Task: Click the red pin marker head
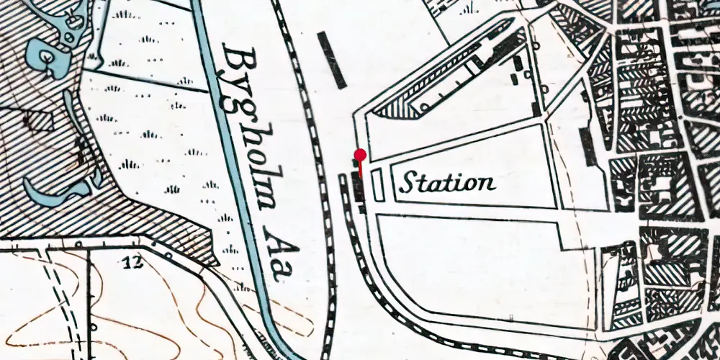click(x=360, y=154)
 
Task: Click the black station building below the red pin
click(x=357, y=190)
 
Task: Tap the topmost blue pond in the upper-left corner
click(x=73, y=19)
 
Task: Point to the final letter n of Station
click(x=487, y=184)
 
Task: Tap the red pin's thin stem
click(x=360, y=167)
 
